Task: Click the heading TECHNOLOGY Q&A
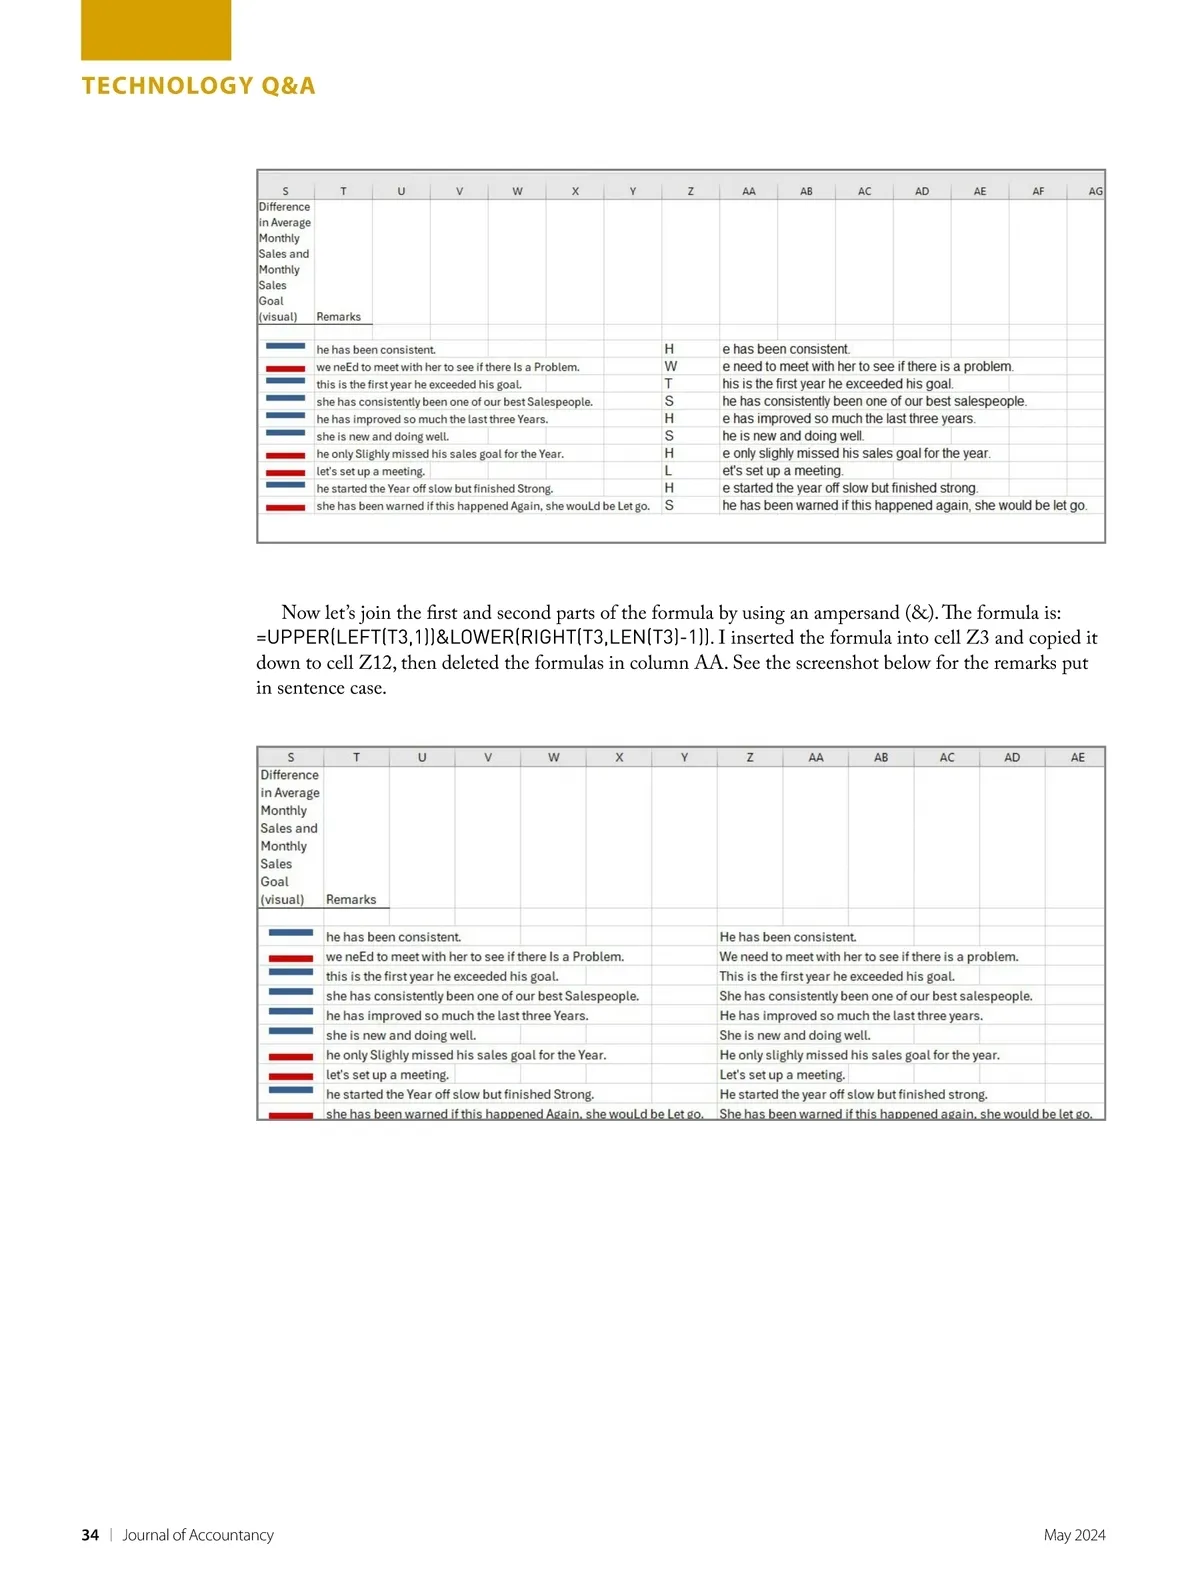[198, 86]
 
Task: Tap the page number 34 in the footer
[90, 1535]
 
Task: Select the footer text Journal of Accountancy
[198, 1535]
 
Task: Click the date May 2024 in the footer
[1074, 1535]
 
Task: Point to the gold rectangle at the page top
[156, 30]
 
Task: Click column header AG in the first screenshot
[1095, 191]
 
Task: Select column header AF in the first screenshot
[1038, 191]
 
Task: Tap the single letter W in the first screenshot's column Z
[670, 367]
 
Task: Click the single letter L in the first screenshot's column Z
[668, 471]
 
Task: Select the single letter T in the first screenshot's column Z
[668, 384]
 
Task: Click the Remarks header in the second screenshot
[351, 900]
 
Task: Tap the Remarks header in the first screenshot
[338, 317]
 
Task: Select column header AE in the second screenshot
[1077, 757]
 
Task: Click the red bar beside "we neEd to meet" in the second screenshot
[291, 958]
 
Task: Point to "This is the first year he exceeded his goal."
[836, 977]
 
